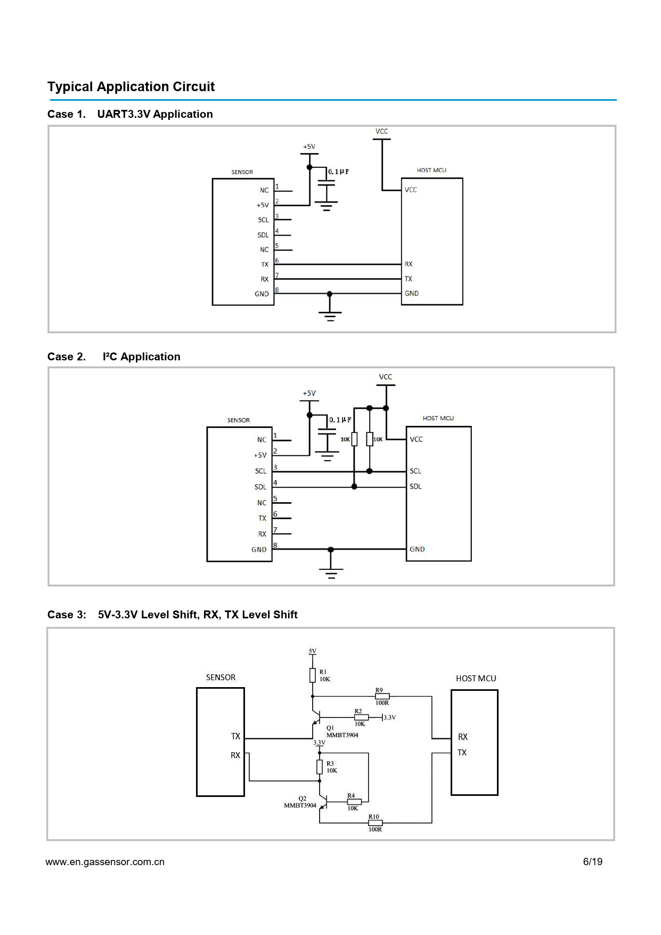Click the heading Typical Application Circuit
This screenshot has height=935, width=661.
(x=131, y=87)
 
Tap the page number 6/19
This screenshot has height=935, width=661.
(x=593, y=862)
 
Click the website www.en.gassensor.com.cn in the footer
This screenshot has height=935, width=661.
(x=105, y=862)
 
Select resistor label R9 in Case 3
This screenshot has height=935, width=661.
(x=379, y=690)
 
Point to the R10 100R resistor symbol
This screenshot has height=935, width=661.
(x=375, y=823)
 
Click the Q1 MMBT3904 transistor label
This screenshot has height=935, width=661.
(x=342, y=731)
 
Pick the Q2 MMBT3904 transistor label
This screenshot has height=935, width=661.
(x=300, y=802)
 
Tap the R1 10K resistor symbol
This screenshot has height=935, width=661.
(x=313, y=676)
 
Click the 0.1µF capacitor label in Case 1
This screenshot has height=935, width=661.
(x=339, y=172)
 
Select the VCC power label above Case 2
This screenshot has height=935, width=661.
(x=386, y=377)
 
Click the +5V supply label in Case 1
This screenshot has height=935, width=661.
(x=309, y=147)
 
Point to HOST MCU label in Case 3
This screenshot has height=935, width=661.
(x=476, y=679)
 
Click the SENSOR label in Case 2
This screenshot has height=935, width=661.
(x=239, y=420)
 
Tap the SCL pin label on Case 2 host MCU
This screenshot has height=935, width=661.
(x=415, y=471)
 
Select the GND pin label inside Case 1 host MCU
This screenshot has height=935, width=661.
(x=412, y=294)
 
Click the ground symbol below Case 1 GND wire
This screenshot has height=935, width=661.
(x=330, y=316)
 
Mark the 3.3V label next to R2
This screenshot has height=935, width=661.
(x=390, y=718)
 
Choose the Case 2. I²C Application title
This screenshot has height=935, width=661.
(x=114, y=357)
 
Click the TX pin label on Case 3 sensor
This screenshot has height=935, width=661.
(x=235, y=736)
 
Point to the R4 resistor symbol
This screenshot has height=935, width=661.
(x=354, y=802)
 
